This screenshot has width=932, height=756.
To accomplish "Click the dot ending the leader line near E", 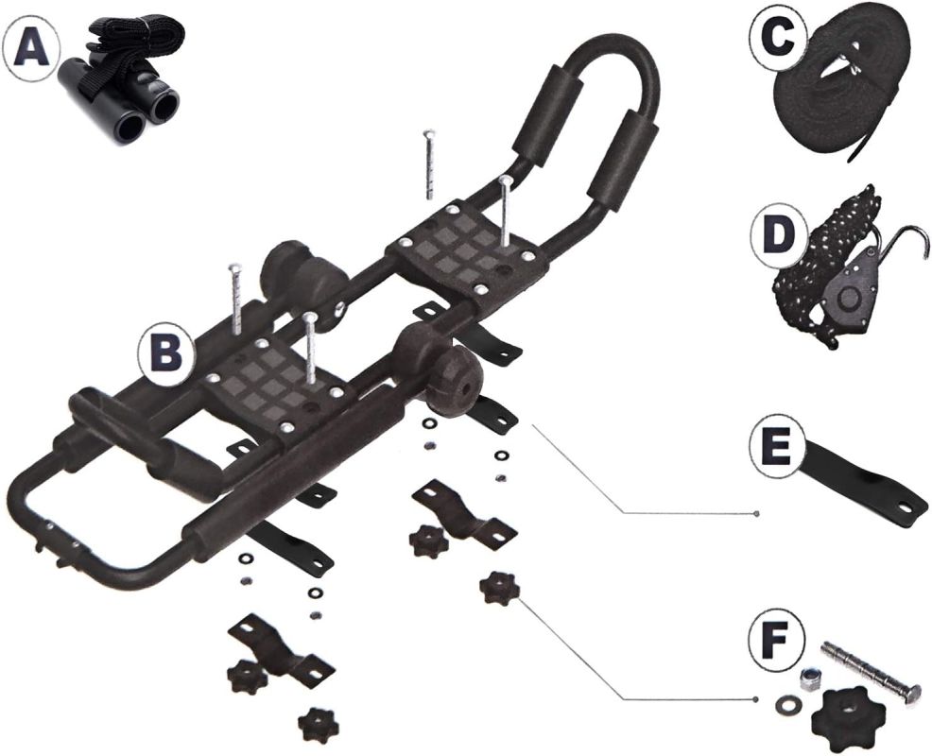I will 757,512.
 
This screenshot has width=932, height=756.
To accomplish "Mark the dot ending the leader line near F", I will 757,700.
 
